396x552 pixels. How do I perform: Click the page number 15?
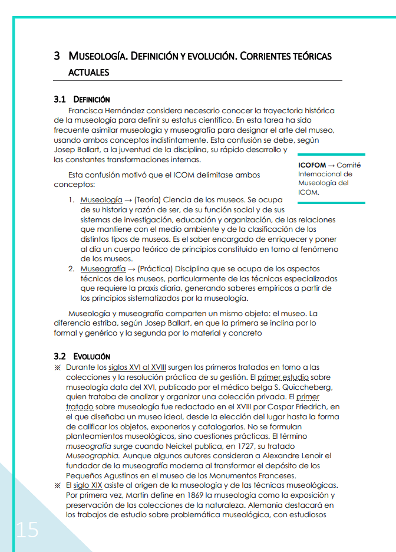[x=27, y=530]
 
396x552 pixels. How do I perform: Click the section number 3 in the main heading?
[x=57, y=57]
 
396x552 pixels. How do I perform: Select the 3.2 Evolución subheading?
[x=81, y=356]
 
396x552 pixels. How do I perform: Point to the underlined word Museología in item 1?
[x=101, y=200]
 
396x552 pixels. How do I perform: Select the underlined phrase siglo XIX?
[x=87, y=485]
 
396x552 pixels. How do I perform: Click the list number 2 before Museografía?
[x=71, y=269]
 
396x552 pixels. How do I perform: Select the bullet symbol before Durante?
[x=58, y=367]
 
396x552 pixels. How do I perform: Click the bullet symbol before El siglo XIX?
[x=58, y=485]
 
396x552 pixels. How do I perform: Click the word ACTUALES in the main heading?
[x=88, y=73]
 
